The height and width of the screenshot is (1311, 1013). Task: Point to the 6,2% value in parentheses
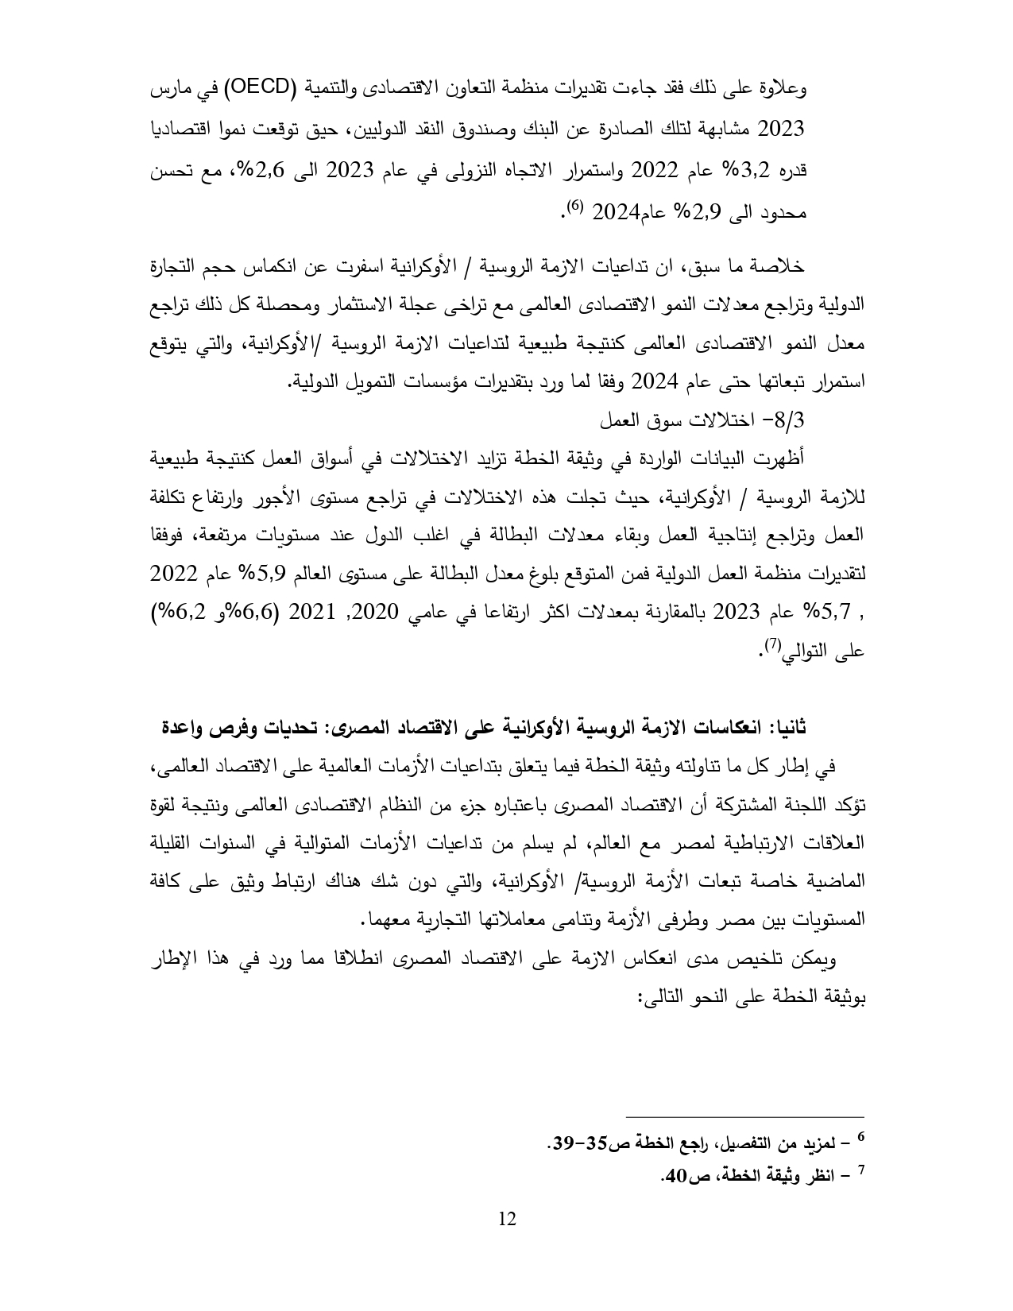[177, 613]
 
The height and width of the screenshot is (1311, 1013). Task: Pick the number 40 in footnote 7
[675, 1175]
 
